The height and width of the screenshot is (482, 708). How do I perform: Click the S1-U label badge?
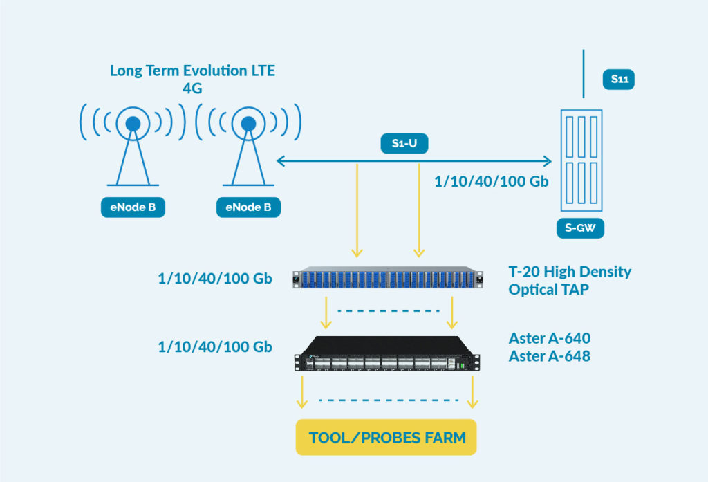tap(404, 144)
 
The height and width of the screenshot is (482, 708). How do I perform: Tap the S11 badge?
tap(619, 79)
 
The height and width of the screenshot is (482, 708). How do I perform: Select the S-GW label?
tap(580, 228)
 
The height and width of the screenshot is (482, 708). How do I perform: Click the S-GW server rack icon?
tap(581, 160)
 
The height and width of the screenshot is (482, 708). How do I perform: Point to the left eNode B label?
tap(133, 207)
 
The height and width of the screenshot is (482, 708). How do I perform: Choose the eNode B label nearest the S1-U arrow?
tap(248, 207)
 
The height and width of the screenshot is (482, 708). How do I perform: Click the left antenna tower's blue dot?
tap(133, 123)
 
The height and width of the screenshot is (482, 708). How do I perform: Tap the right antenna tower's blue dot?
tap(248, 123)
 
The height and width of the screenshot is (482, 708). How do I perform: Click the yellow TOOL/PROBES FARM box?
tap(386, 437)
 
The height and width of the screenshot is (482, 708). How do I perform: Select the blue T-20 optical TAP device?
tap(388, 277)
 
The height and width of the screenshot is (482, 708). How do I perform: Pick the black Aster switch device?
tap(387, 353)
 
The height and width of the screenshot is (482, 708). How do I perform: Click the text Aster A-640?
tap(550, 338)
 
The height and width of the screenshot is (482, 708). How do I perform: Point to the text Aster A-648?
tap(550, 356)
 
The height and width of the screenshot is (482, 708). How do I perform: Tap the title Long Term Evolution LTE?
tap(192, 71)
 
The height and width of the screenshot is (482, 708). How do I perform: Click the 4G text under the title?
tap(192, 88)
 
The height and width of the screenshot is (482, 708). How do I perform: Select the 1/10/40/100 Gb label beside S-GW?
tap(492, 182)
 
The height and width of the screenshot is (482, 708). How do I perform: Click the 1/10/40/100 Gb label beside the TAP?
tap(215, 279)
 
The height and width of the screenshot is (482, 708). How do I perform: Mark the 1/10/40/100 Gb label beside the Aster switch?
tap(215, 347)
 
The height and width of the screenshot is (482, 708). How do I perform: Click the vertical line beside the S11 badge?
tap(584, 73)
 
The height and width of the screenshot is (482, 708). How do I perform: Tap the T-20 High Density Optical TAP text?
tap(570, 281)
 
